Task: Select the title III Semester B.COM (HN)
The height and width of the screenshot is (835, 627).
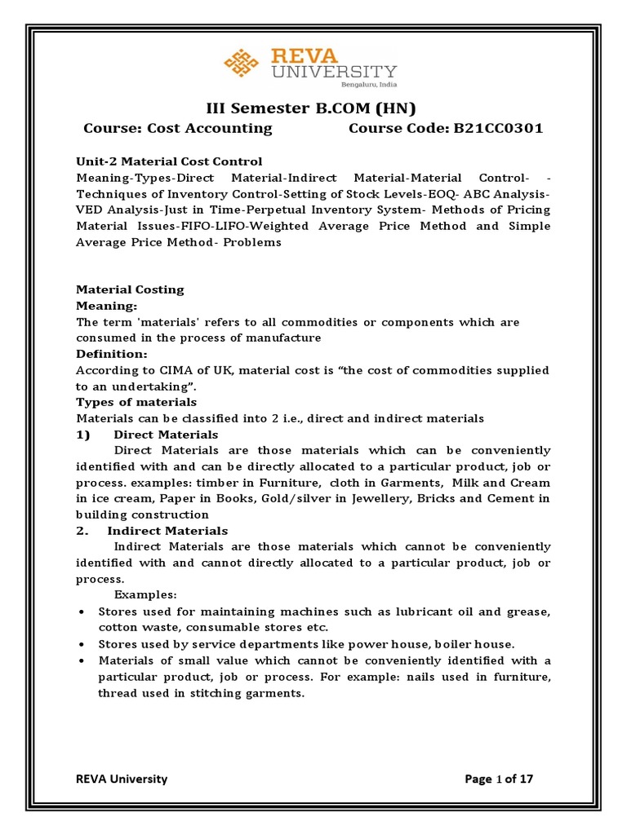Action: (313, 108)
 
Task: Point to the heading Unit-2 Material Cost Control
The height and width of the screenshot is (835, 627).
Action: (169, 161)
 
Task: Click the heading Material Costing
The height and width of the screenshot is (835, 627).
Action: (130, 289)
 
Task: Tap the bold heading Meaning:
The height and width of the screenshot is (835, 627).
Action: (106, 306)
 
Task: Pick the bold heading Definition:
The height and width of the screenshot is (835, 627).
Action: (112, 354)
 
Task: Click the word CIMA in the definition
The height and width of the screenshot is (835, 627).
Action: (167, 370)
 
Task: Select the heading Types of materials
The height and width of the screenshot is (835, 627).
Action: (136, 402)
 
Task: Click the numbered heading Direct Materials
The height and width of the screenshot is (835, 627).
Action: (166, 435)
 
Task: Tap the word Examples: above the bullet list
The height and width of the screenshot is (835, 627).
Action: (145, 594)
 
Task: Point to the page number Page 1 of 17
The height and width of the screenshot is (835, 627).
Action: (498, 779)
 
